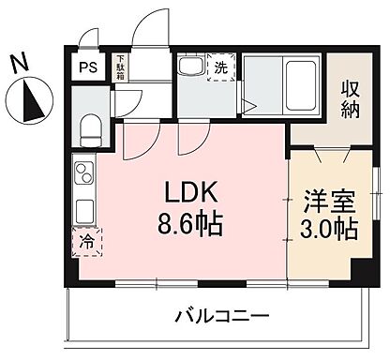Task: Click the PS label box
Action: coord(87,67)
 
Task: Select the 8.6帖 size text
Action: coord(191,226)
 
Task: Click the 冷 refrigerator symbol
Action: coord(85,241)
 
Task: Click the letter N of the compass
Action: coord(19,63)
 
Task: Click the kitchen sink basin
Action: coord(83,208)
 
